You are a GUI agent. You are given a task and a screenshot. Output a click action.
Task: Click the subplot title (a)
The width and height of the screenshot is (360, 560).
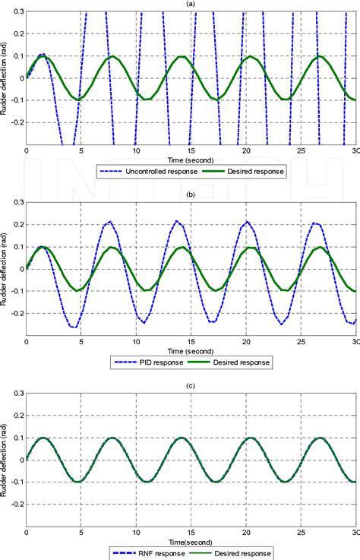click(x=191, y=4)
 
